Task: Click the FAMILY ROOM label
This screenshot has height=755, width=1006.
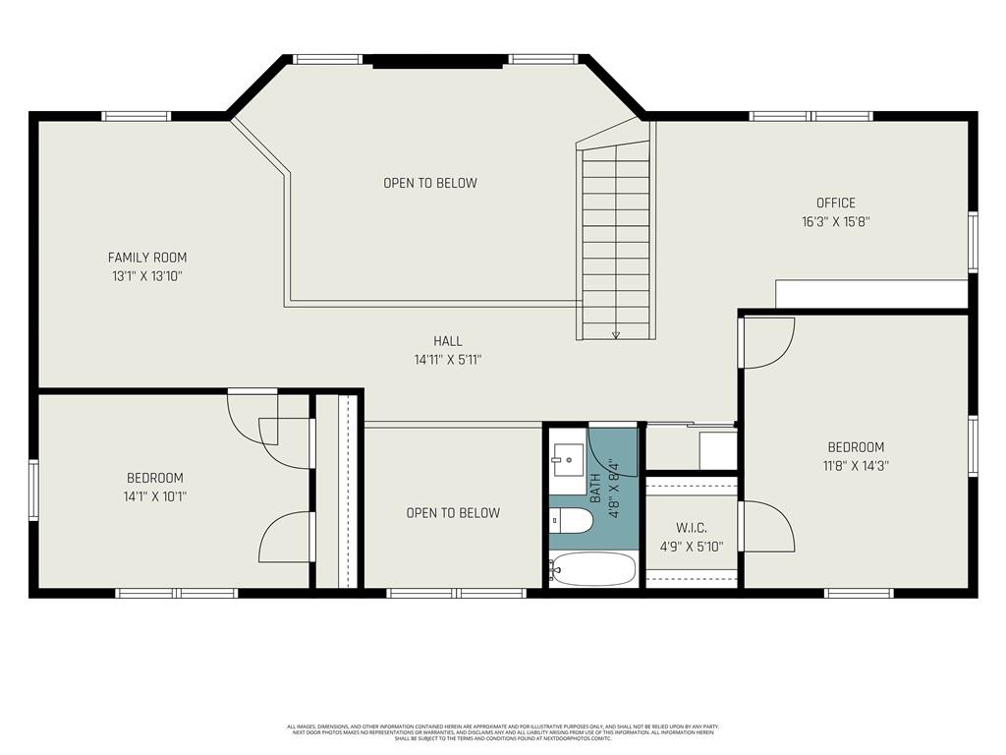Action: coord(147,258)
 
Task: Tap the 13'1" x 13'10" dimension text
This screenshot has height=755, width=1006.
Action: coord(147,276)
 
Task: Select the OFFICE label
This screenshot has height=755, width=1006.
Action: coord(835,203)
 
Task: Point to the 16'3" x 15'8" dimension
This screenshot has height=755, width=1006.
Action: coord(835,222)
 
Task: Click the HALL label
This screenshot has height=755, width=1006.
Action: coord(448,341)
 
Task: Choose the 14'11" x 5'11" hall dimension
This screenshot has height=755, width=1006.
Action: coord(448,360)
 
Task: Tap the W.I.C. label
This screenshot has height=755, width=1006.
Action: coord(692,528)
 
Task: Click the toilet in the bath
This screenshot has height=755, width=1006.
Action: coord(570,521)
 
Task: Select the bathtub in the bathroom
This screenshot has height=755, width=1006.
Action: coord(592,568)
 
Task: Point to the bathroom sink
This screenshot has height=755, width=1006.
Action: coord(567,459)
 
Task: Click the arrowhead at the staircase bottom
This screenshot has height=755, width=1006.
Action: coord(616,334)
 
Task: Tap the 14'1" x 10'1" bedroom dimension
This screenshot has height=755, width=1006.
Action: coord(147,496)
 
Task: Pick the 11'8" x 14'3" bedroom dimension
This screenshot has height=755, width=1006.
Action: coord(855,465)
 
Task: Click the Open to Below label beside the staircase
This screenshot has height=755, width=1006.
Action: coord(429,183)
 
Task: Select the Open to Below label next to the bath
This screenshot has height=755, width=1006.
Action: coord(453,512)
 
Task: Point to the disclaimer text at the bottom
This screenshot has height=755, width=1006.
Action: coord(502,732)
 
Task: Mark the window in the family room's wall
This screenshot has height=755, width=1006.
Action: coord(137,116)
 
